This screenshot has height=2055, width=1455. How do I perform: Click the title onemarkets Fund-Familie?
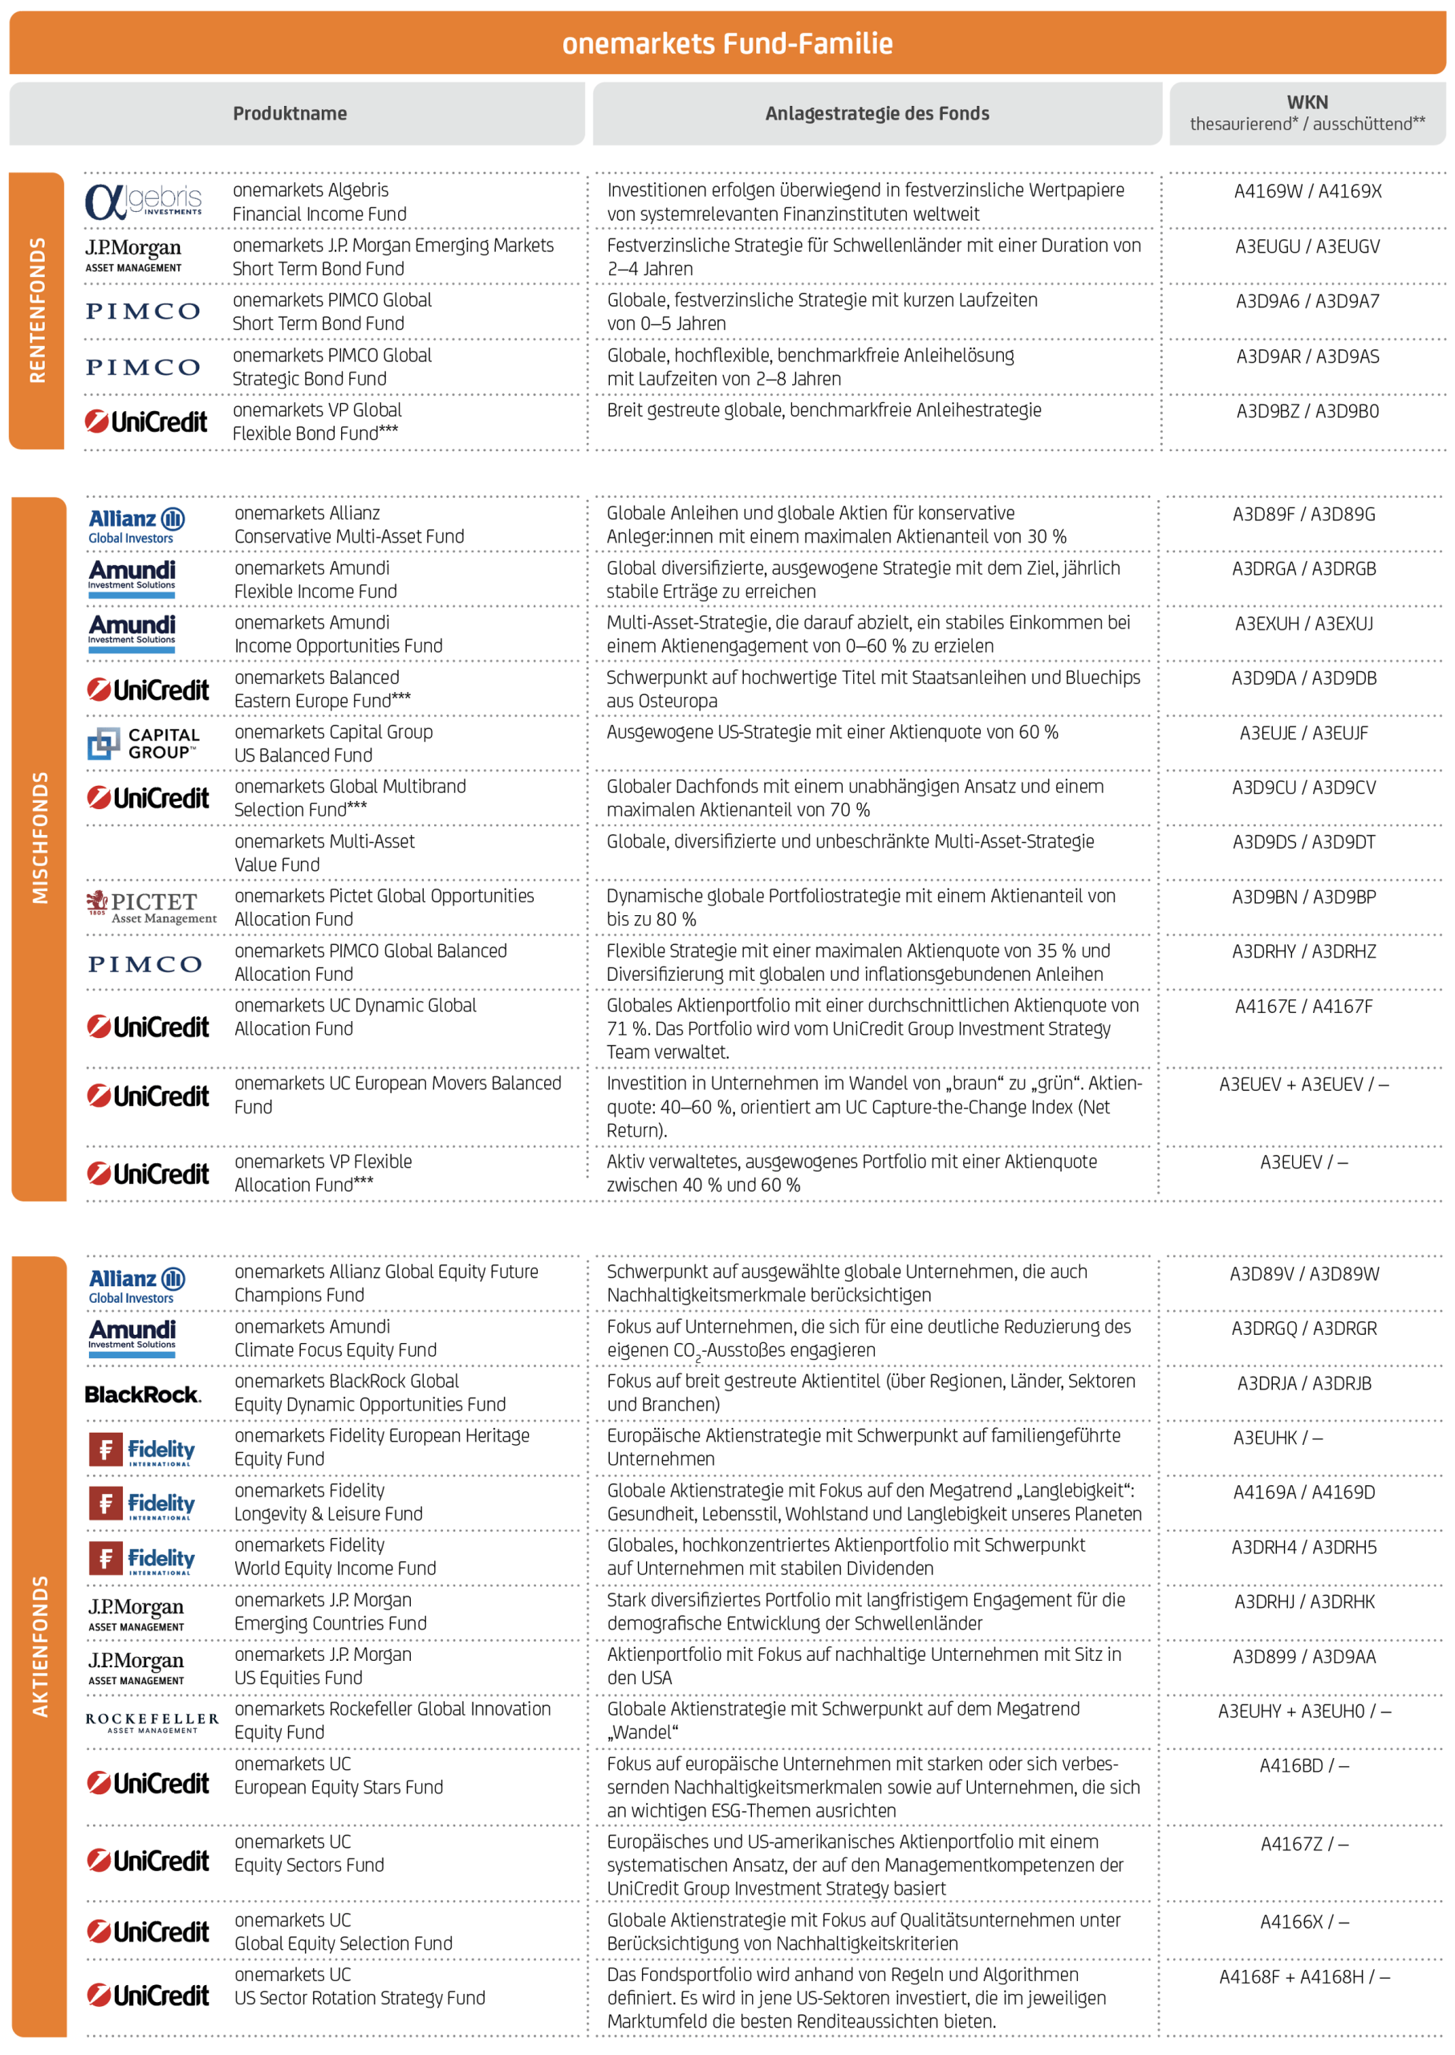click(726, 43)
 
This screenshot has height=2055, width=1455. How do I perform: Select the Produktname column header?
click(290, 114)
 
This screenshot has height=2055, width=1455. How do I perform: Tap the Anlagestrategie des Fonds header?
click(876, 114)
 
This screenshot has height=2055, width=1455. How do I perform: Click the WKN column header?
click(1307, 113)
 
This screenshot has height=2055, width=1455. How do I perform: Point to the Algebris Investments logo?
click(144, 201)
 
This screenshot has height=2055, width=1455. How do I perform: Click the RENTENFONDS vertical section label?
click(37, 310)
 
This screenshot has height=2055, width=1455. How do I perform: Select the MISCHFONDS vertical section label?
click(39, 837)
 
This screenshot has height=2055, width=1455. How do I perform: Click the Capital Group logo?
click(144, 743)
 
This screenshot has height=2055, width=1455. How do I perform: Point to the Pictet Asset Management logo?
click(152, 907)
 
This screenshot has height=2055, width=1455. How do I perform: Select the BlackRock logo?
click(144, 1394)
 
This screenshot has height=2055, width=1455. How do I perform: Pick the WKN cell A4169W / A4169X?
click(1307, 191)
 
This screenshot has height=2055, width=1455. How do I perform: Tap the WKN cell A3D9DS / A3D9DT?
click(1303, 842)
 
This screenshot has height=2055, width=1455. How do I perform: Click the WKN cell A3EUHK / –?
click(1277, 1438)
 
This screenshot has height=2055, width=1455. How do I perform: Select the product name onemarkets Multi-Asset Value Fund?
click(324, 853)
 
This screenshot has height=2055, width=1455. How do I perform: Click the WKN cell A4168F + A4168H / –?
click(1303, 1977)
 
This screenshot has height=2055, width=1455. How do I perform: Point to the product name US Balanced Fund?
click(303, 755)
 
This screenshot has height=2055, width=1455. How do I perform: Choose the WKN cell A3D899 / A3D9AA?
click(1303, 1656)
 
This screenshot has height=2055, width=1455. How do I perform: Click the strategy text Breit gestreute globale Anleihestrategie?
click(823, 410)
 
